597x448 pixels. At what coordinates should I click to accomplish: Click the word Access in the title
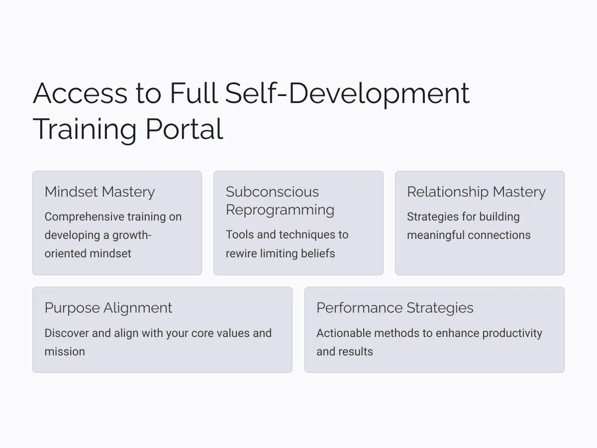pyautogui.click(x=80, y=93)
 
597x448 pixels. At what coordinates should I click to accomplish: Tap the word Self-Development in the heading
pyautogui.click(x=347, y=95)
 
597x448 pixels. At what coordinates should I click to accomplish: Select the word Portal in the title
pyautogui.click(x=185, y=129)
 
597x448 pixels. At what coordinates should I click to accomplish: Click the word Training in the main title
pyautogui.click(x=85, y=130)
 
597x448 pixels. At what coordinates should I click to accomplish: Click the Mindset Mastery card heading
pyautogui.click(x=99, y=192)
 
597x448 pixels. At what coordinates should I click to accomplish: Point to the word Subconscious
pyautogui.click(x=272, y=192)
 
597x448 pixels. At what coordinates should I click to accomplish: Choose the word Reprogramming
pyautogui.click(x=280, y=210)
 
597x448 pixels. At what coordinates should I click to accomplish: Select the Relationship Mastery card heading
pyautogui.click(x=476, y=192)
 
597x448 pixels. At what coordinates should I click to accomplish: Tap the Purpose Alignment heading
pyautogui.click(x=108, y=308)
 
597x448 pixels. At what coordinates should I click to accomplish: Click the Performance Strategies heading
pyautogui.click(x=395, y=308)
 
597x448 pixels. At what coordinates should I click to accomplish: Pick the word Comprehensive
pyautogui.click(x=84, y=217)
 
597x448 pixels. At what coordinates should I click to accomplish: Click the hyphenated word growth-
pyautogui.click(x=132, y=235)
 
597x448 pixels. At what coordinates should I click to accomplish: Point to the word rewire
pyautogui.click(x=241, y=253)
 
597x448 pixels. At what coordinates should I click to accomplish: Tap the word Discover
pyautogui.click(x=67, y=333)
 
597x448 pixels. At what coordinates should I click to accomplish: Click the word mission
pyautogui.click(x=65, y=351)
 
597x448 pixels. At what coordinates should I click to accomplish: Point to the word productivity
pyautogui.click(x=512, y=334)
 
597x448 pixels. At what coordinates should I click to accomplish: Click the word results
pyautogui.click(x=357, y=351)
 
